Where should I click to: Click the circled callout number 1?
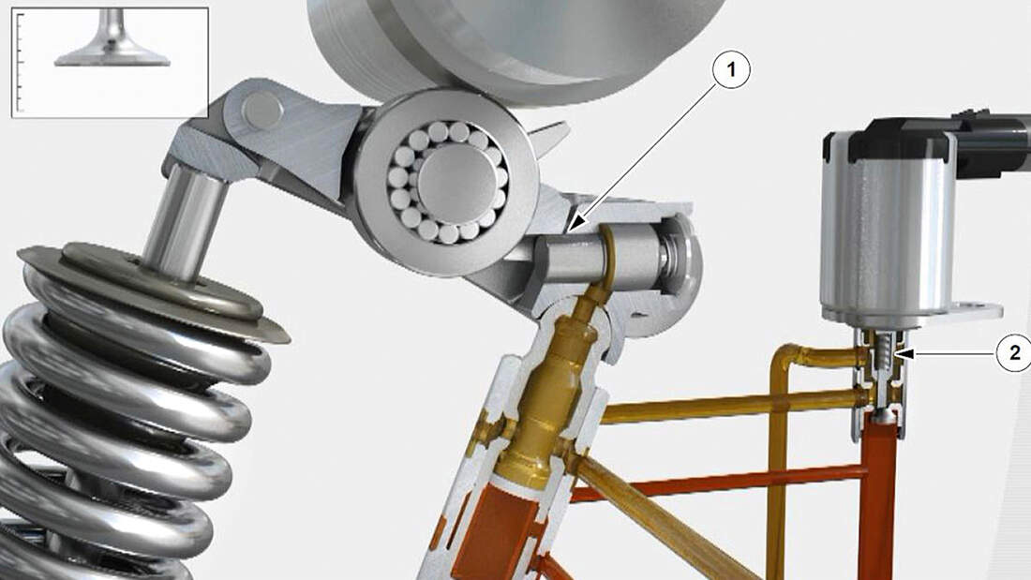[x=730, y=69]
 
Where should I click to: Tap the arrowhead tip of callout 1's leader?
[x=569, y=231]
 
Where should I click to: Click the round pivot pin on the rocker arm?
[x=261, y=110]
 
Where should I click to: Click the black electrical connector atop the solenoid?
[x=934, y=138]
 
